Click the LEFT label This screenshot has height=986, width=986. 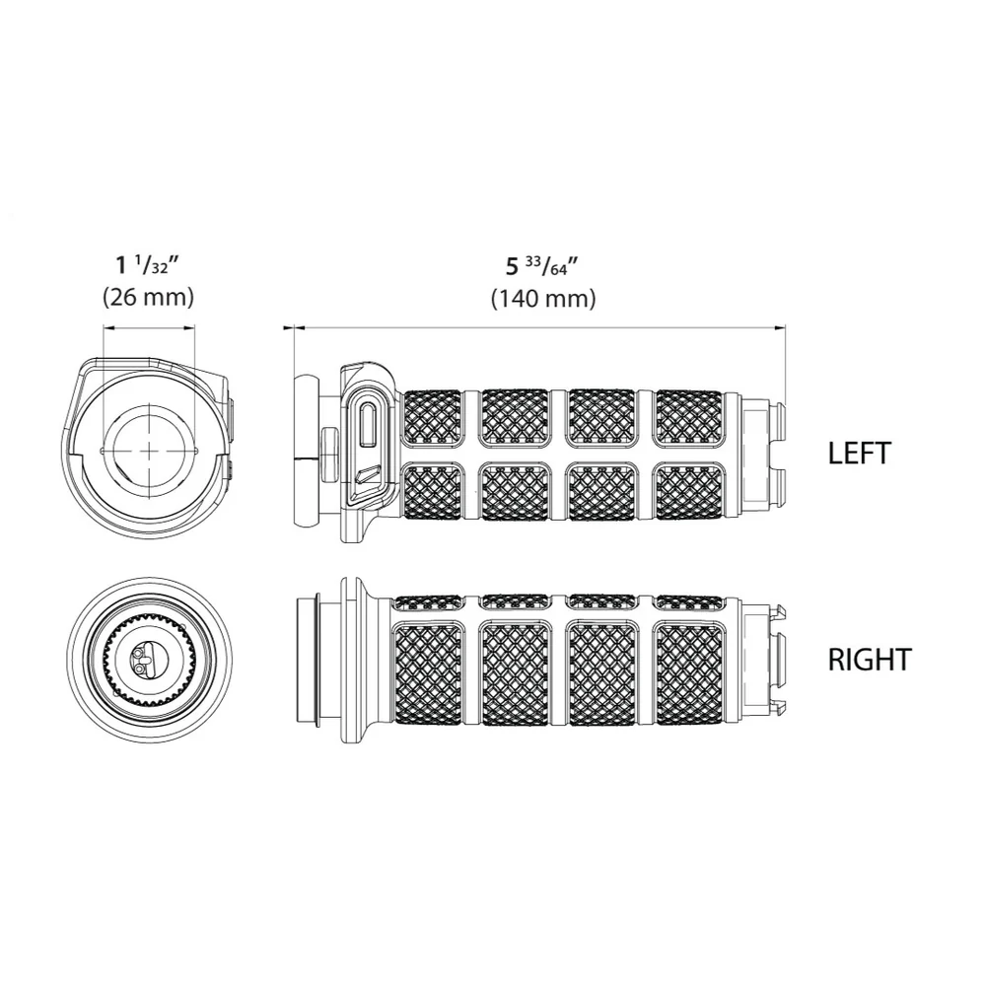tap(859, 454)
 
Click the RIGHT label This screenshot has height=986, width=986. tap(870, 660)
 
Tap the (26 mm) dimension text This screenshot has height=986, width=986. tap(149, 297)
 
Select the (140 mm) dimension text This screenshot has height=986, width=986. tap(543, 298)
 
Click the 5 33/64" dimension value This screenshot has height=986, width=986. tap(542, 267)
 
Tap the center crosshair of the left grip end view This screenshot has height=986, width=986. tap(149, 451)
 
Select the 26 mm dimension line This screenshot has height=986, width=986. tap(149, 327)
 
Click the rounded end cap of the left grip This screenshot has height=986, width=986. tap(307, 451)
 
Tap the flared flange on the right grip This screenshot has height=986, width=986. tap(357, 660)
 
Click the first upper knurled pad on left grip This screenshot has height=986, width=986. tap(433, 419)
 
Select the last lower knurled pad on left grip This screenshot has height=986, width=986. tap(689, 492)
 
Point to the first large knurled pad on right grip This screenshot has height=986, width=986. tap(428, 670)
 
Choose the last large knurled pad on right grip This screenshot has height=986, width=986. tap(689, 670)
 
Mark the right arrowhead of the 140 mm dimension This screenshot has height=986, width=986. tap(780, 327)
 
